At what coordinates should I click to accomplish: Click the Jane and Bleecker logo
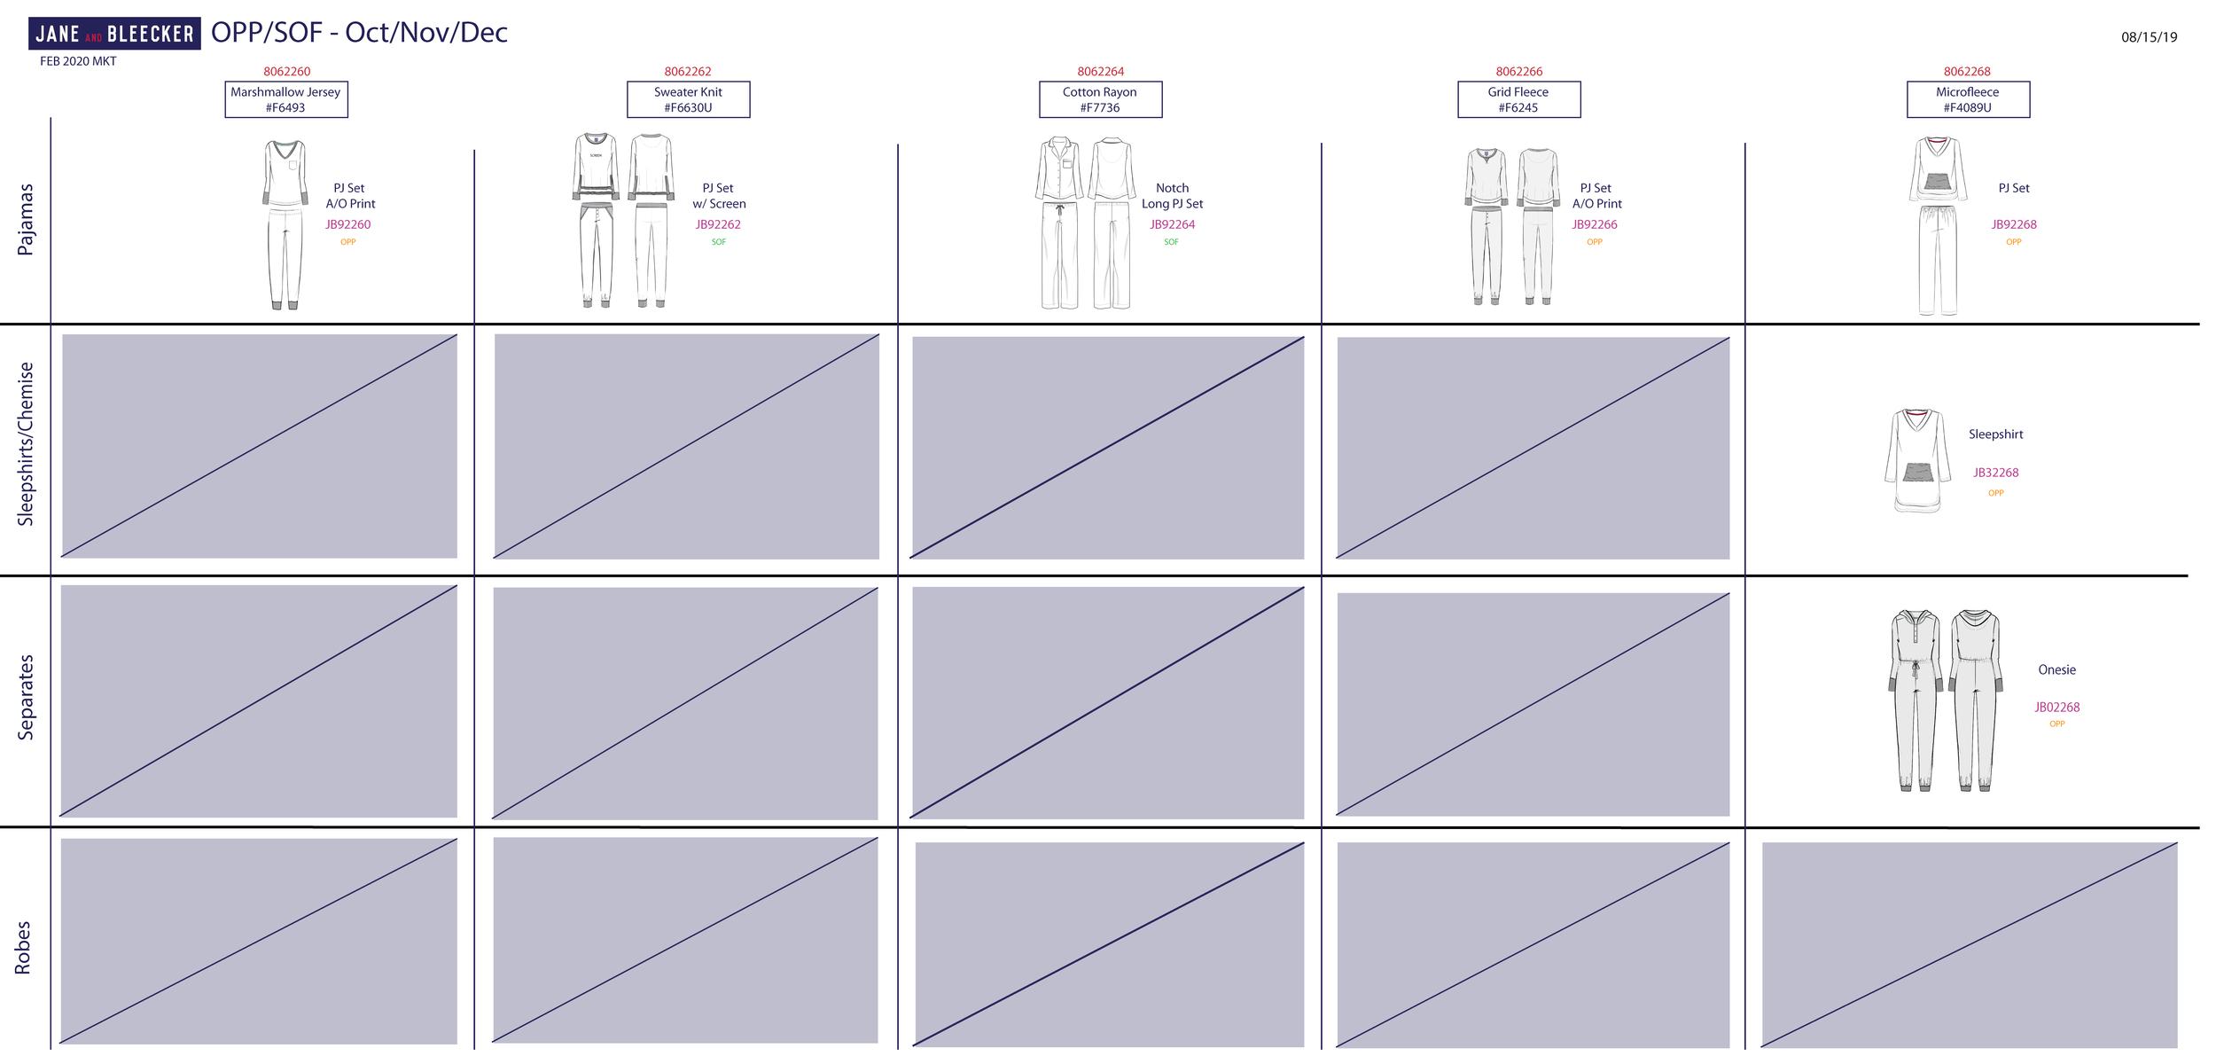point(114,34)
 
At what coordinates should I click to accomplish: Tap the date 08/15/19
point(2149,37)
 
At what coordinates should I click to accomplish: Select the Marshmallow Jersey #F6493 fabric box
point(286,99)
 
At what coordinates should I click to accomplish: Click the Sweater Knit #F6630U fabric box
point(688,99)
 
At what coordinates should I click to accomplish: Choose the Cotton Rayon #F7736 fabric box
point(1100,99)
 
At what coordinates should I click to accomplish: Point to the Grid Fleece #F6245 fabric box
point(1518,99)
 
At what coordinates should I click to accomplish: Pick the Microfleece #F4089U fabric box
point(1968,99)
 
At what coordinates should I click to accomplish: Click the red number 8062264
point(1100,72)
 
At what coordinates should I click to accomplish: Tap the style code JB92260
point(347,225)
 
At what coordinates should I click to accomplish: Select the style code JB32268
point(1995,473)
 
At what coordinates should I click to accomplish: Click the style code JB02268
point(2056,708)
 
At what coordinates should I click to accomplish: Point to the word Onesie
point(2056,670)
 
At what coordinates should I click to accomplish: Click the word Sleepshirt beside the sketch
point(1995,434)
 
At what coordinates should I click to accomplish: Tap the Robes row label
point(23,948)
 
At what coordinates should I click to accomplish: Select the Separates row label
point(26,698)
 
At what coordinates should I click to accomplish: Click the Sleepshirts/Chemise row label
point(26,444)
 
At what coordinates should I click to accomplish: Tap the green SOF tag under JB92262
point(718,242)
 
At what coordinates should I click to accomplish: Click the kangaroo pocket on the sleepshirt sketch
point(1918,472)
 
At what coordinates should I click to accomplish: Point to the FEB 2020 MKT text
point(78,61)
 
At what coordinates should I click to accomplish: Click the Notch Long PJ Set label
point(1172,196)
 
